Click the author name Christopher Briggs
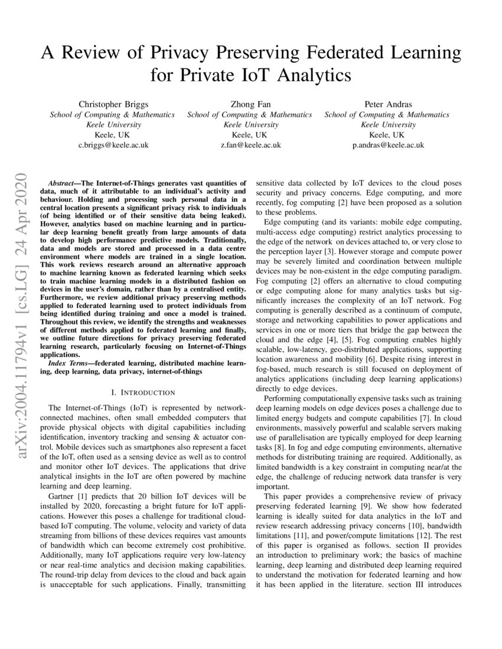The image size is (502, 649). tap(112, 104)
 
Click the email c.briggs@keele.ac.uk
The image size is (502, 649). tap(112, 145)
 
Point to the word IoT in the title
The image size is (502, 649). tap(247, 76)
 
